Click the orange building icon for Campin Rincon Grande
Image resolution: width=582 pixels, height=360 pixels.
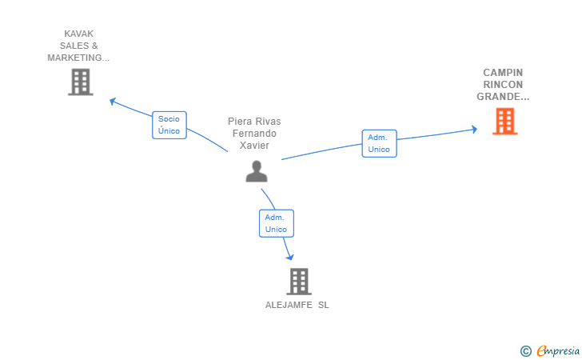(504, 122)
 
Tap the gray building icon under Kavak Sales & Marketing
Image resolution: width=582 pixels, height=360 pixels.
(80, 82)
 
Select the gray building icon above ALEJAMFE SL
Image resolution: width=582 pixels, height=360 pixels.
(298, 281)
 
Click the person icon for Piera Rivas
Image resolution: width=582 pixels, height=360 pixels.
(256, 171)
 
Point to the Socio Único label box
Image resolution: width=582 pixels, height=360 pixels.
(169, 125)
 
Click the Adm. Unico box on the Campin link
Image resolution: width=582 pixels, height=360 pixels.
(379, 143)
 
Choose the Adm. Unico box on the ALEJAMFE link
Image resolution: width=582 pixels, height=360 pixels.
(276, 223)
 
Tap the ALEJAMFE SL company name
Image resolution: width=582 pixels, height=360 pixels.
(297, 305)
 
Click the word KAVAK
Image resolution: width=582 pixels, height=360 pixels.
(78, 34)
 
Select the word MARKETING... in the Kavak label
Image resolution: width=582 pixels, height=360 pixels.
(78, 58)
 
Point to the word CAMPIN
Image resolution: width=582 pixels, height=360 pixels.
(503, 73)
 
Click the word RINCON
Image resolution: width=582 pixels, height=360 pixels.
(503, 85)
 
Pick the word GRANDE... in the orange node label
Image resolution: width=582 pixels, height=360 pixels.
(503, 97)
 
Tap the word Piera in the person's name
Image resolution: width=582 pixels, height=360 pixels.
(242, 122)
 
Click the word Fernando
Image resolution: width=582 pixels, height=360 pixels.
(254, 134)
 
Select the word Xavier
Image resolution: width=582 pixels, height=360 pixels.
(254, 146)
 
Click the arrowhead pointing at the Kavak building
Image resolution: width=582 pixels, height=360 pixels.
(113, 101)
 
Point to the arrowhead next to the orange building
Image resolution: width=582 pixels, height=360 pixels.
(474, 129)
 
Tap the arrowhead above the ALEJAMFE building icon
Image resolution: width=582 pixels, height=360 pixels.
(289, 257)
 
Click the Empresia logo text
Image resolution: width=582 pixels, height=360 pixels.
(558, 350)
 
